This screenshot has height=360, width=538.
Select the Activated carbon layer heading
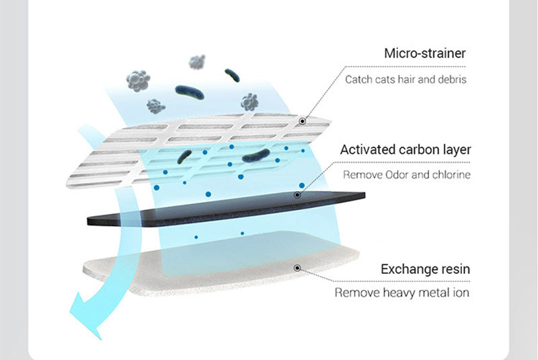pos(405,149)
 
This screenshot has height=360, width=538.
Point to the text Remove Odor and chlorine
pos(406,175)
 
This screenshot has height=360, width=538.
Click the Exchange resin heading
pos(425,269)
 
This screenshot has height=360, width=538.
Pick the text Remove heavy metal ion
pos(402,293)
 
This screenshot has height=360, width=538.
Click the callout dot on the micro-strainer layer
pos(303,121)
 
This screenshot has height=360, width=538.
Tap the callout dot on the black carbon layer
pos(297,195)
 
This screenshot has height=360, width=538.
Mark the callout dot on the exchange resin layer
pos(297,268)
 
